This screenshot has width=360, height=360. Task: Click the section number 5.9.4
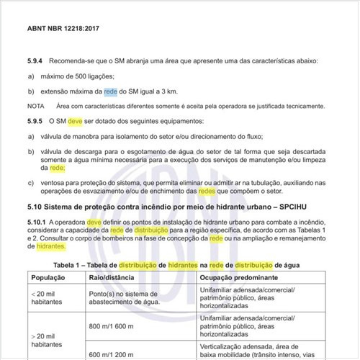click(x=36, y=63)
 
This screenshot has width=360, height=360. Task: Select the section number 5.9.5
click(x=36, y=121)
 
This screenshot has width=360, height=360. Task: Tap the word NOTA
click(x=36, y=106)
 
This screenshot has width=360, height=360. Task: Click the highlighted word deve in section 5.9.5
click(x=76, y=121)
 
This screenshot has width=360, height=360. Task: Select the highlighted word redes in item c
click(x=207, y=192)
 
